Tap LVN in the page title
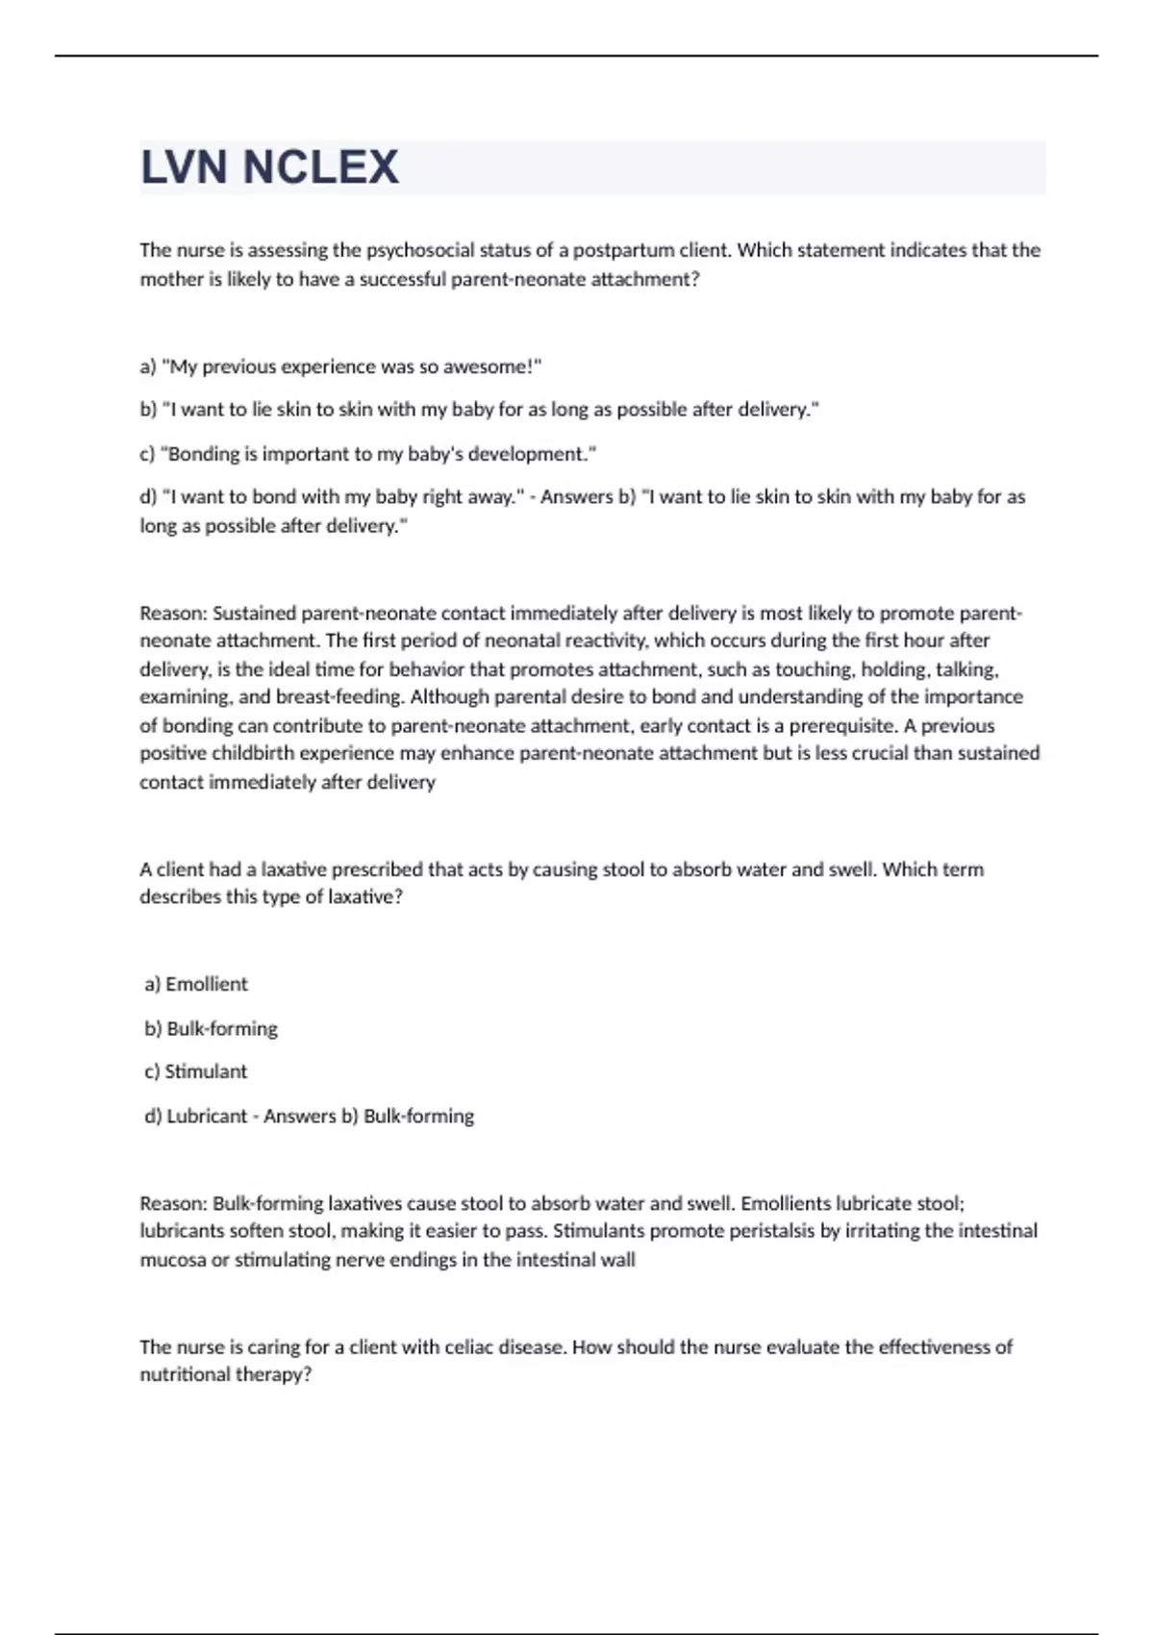coord(185,167)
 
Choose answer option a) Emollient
coord(196,984)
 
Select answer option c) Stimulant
coord(196,1071)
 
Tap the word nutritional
coord(180,1374)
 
